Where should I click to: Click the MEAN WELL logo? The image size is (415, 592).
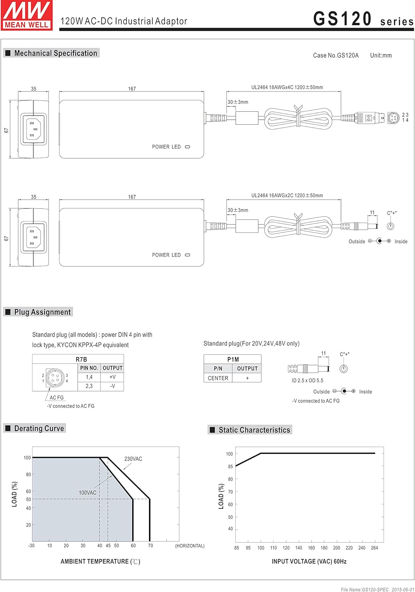click(x=27, y=15)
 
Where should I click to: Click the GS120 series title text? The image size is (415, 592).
click(x=363, y=19)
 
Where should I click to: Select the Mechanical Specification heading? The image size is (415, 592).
click(x=56, y=53)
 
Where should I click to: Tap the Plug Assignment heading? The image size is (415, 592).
click(x=43, y=312)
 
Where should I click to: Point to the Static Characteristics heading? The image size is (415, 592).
click(x=254, y=430)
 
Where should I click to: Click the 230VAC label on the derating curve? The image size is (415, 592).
click(x=133, y=459)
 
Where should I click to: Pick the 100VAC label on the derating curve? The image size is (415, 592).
click(x=87, y=493)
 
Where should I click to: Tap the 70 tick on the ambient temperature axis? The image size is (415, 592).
click(x=151, y=546)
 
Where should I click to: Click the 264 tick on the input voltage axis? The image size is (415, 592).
click(x=374, y=548)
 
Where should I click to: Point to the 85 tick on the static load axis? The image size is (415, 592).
click(x=231, y=466)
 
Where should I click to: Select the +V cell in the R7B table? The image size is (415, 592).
click(x=112, y=377)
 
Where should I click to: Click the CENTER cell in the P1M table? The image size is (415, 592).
click(x=218, y=378)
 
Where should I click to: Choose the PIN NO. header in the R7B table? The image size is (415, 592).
click(x=89, y=368)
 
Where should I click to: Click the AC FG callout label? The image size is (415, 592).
click(x=57, y=398)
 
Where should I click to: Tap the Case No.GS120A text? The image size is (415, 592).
click(x=336, y=56)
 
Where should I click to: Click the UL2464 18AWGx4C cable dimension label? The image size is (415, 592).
click(x=287, y=88)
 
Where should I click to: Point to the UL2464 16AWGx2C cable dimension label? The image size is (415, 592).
click(x=287, y=196)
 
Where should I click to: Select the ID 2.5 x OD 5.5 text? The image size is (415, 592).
click(x=307, y=381)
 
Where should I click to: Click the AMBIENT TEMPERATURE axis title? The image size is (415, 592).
click(x=100, y=562)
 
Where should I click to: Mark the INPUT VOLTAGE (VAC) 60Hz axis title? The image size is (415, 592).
click(x=309, y=562)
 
